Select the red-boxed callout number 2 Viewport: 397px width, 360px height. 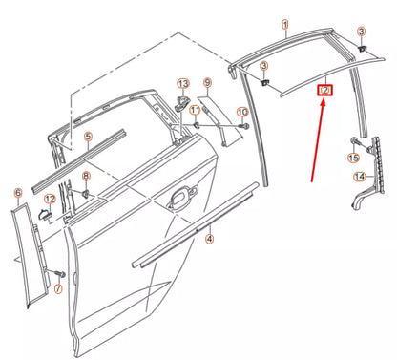pos(325,90)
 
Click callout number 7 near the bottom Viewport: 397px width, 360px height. pos(56,288)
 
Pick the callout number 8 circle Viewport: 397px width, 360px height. pos(86,177)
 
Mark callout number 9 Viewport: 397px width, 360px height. pos(207,84)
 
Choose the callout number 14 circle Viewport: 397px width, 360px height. pos(360,177)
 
